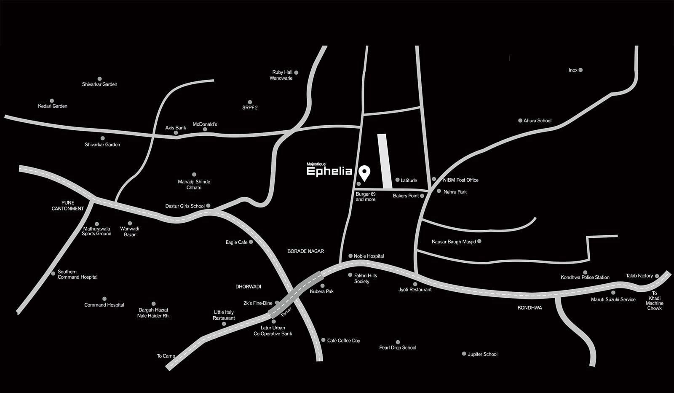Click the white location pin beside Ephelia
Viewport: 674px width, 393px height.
click(364, 173)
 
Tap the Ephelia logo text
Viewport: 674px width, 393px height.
click(329, 172)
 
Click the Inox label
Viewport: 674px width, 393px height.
click(573, 70)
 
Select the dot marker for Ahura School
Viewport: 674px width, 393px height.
click(520, 121)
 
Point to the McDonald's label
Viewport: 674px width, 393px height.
click(205, 124)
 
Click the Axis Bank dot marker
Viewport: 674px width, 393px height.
click(176, 133)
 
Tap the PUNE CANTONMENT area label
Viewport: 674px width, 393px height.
click(68, 206)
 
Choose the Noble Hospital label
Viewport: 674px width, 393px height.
click(369, 256)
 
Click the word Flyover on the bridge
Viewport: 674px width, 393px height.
click(286, 312)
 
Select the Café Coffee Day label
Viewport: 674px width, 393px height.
click(344, 341)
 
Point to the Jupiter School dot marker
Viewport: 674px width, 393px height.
click(464, 354)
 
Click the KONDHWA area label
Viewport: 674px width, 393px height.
click(530, 308)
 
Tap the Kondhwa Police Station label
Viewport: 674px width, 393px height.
click(585, 277)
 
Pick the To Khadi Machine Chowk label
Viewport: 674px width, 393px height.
click(655, 301)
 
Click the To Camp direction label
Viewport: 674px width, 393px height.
click(166, 356)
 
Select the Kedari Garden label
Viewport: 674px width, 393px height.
click(53, 106)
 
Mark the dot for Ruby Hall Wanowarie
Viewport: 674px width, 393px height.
click(297, 73)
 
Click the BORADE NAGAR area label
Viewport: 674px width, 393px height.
click(306, 251)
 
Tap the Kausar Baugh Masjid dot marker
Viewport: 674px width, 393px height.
click(479, 241)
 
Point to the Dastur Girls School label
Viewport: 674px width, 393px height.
click(185, 206)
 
